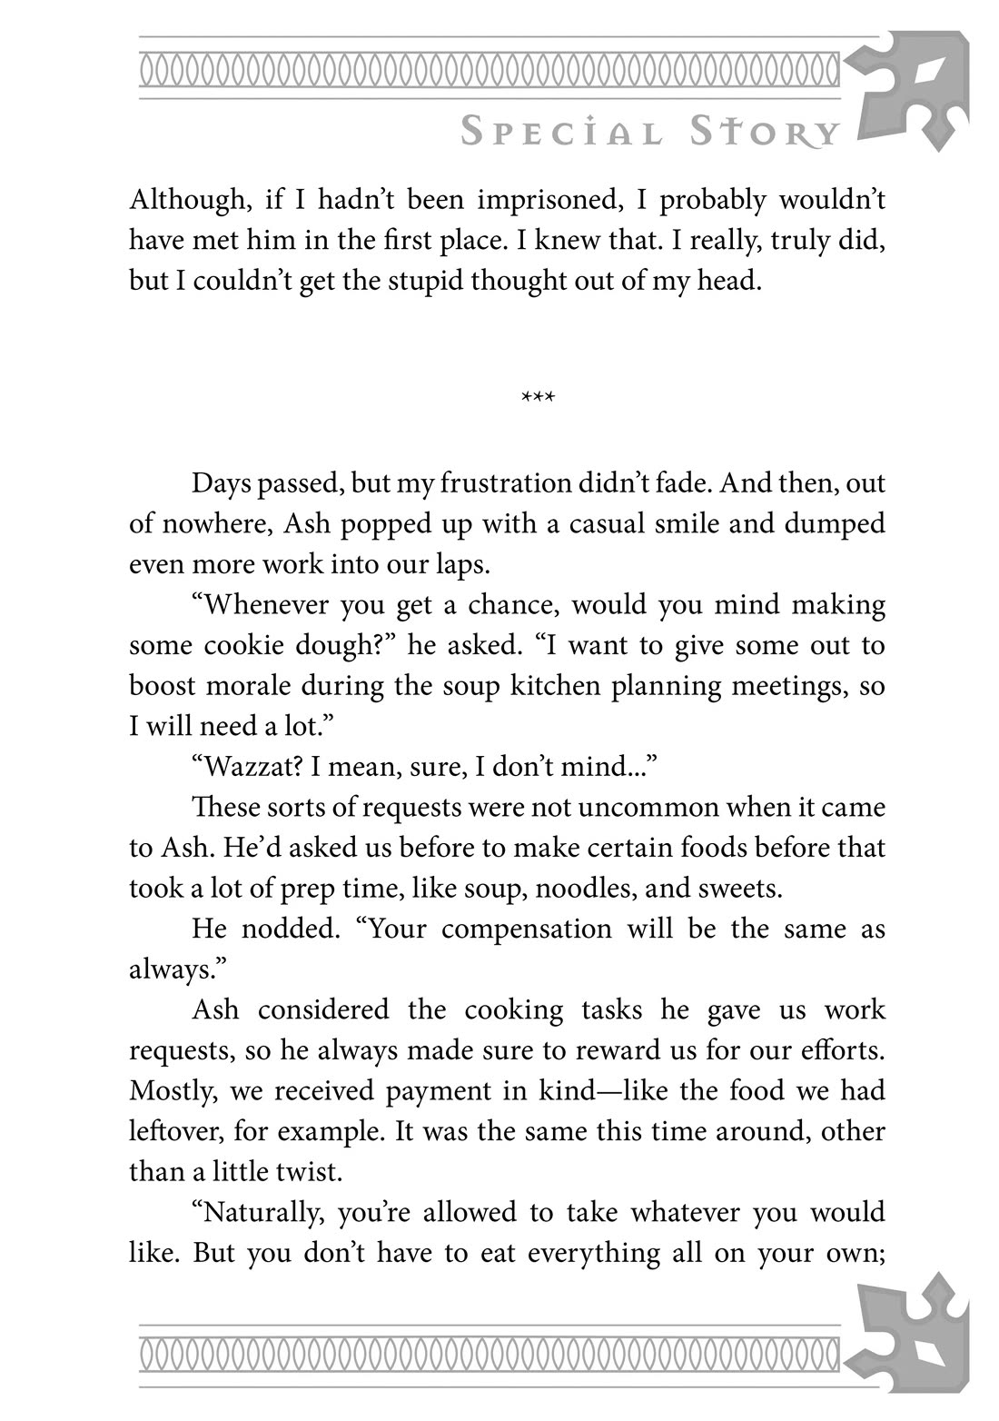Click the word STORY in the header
tap(764, 133)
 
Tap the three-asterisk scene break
tap(538, 397)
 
